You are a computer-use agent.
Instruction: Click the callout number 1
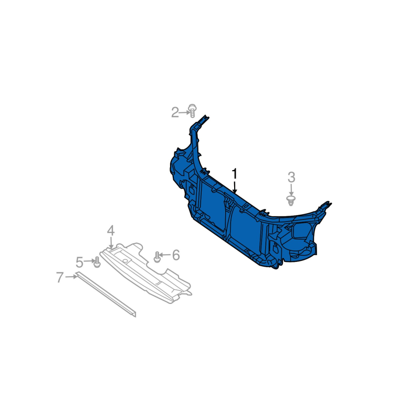click(x=234, y=174)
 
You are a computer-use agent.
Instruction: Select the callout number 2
click(x=175, y=112)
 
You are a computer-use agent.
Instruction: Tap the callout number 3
click(x=291, y=177)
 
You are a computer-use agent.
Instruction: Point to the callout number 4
click(x=111, y=230)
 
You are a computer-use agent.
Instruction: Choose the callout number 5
click(x=80, y=262)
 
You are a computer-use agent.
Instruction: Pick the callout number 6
click(x=176, y=255)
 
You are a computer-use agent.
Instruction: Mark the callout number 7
click(x=60, y=277)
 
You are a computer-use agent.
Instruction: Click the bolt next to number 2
click(x=192, y=111)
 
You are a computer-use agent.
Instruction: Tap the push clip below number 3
click(x=291, y=201)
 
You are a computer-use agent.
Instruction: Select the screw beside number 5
click(x=97, y=262)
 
